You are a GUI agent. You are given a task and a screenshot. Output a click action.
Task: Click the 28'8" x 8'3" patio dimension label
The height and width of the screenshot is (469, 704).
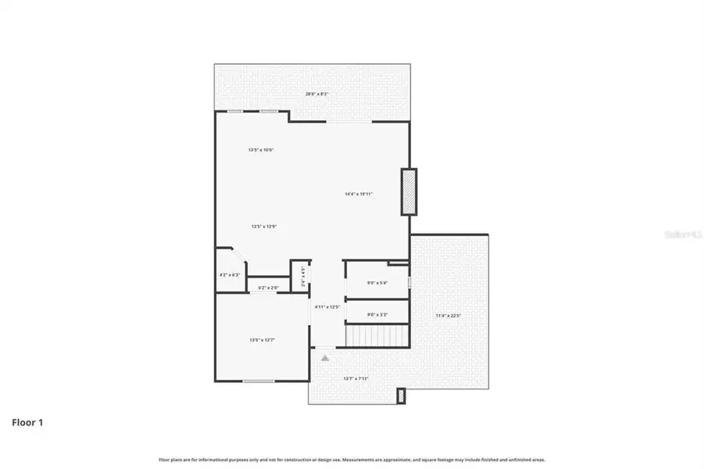pyautogui.click(x=316, y=94)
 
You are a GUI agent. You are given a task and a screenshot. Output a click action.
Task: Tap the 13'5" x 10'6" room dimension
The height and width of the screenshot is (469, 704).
pyautogui.click(x=261, y=149)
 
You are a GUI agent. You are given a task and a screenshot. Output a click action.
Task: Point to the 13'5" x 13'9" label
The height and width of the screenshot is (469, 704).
pyautogui.click(x=264, y=227)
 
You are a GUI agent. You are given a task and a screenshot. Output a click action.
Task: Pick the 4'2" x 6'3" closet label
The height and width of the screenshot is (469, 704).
pyautogui.click(x=230, y=275)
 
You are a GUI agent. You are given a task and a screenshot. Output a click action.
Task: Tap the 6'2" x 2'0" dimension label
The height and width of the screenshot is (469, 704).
pyautogui.click(x=269, y=288)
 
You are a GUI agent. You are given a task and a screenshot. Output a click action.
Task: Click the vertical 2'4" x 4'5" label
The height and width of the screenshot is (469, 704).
pyautogui.click(x=303, y=278)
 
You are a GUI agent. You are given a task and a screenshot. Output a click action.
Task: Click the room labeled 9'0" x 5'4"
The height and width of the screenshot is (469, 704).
pyautogui.click(x=377, y=282)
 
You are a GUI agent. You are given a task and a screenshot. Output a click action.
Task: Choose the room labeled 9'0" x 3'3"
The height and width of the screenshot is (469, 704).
pyautogui.click(x=377, y=314)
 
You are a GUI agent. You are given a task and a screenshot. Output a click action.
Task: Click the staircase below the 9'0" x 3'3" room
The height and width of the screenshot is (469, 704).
pyautogui.click(x=377, y=337)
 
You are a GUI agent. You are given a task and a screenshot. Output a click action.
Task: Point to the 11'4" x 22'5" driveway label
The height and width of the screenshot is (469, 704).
pyautogui.click(x=448, y=316)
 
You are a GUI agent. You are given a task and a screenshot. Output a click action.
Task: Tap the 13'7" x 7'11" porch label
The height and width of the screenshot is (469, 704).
pyautogui.click(x=356, y=378)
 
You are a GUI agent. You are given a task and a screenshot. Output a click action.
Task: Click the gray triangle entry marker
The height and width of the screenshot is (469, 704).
pyautogui.click(x=325, y=356)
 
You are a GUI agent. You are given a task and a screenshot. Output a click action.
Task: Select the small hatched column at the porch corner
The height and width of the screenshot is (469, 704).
pyautogui.click(x=402, y=396)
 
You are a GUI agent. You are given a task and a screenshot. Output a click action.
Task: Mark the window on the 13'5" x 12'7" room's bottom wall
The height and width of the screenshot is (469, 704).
pyautogui.click(x=258, y=381)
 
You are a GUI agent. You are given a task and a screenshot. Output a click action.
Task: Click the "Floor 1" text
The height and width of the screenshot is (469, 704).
pyautogui.click(x=27, y=423)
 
